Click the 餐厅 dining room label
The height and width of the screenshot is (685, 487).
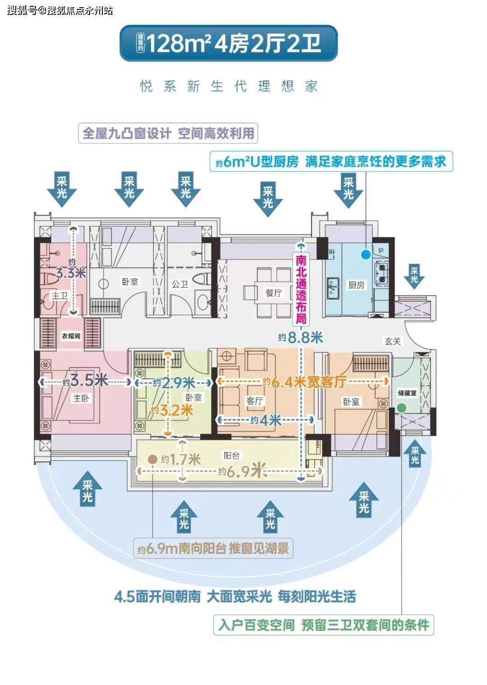[x=273, y=293]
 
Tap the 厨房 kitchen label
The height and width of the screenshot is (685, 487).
[x=356, y=285]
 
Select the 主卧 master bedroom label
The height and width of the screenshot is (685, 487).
[x=81, y=398]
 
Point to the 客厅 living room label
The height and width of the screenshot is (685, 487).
[x=255, y=401]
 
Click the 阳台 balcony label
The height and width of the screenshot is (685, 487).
[x=232, y=456]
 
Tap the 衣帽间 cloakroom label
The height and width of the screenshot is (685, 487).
[x=71, y=336]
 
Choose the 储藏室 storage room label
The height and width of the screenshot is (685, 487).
[x=407, y=393]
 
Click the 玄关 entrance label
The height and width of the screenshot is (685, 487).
[x=393, y=341]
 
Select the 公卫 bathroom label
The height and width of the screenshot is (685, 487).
[x=179, y=284]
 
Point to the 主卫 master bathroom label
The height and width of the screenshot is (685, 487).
[x=60, y=296]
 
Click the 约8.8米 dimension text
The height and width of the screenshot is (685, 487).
[x=300, y=338]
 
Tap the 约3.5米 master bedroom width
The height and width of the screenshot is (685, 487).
[x=85, y=381]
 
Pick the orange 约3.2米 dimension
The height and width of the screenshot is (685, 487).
[x=172, y=410]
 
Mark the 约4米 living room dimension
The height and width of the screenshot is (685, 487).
[x=266, y=421]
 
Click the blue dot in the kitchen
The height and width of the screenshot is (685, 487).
[x=366, y=254]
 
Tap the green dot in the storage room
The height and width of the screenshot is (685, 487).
[x=402, y=408]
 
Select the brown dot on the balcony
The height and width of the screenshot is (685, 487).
[x=152, y=459]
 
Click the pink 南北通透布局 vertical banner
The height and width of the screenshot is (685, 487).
[x=301, y=289]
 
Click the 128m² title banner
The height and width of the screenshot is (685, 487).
[x=229, y=43]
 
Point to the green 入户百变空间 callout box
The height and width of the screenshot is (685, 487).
[x=324, y=625]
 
